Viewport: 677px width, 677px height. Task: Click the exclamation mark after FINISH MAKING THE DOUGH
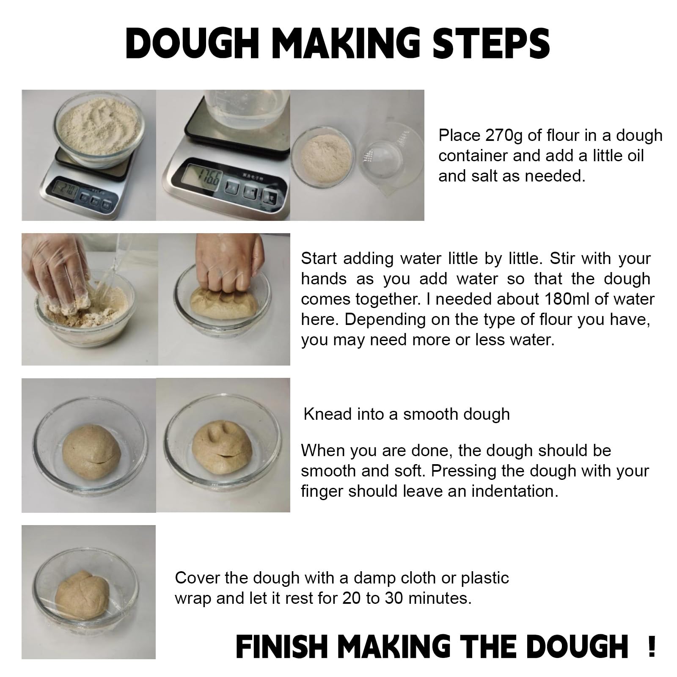pos(651,647)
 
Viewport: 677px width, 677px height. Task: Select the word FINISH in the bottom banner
pos(282,647)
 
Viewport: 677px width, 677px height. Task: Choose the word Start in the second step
pos(319,259)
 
